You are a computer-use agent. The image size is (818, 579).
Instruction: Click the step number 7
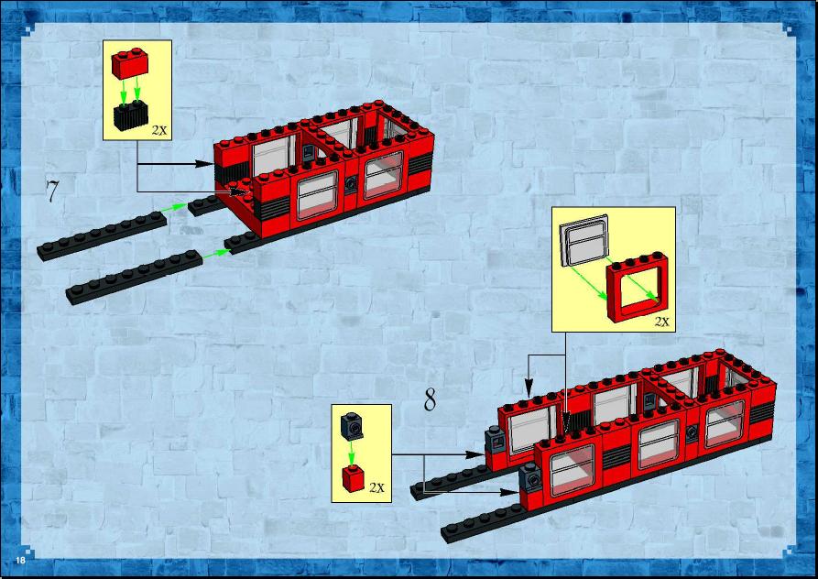pyautogui.click(x=51, y=191)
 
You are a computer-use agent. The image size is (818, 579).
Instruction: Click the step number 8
pyautogui.click(x=430, y=399)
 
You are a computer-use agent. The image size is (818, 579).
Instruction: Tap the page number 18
pyautogui.click(x=20, y=561)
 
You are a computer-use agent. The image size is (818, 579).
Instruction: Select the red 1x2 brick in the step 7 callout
pyautogui.click(x=130, y=63)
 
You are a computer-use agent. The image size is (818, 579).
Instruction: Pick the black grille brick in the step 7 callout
pyautogui.click(x=130, y=115)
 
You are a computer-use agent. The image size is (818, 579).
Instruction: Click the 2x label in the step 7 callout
pyautogui.click(x=159, y=130)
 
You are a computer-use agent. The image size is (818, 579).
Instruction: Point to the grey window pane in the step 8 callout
pyautogui.click(x=584, y=240)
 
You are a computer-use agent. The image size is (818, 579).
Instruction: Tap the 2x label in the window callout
pyautogui.click(x=661, y=322)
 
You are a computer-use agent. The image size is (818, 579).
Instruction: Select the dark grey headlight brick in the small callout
pyautogui.click(x=352, y=426)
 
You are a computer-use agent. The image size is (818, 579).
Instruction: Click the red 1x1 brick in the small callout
pyautogui.click(x=354, y=478)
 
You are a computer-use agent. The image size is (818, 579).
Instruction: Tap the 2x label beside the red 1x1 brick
pyautogui.click(x=376, y=487)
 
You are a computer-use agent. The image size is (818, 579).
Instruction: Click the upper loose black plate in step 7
pyautogui.click(x=103, y=235)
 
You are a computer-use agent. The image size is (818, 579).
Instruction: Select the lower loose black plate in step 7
pyautogui.click(x=134, y=278)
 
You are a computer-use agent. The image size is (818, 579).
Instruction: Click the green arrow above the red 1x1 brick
pyautogui.click(x=352, y=452)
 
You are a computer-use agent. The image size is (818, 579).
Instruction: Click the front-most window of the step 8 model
pyautogui.click(x=573, y=470)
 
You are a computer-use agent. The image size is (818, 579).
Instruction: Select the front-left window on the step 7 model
pyautogui.click(x=317, y=195)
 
